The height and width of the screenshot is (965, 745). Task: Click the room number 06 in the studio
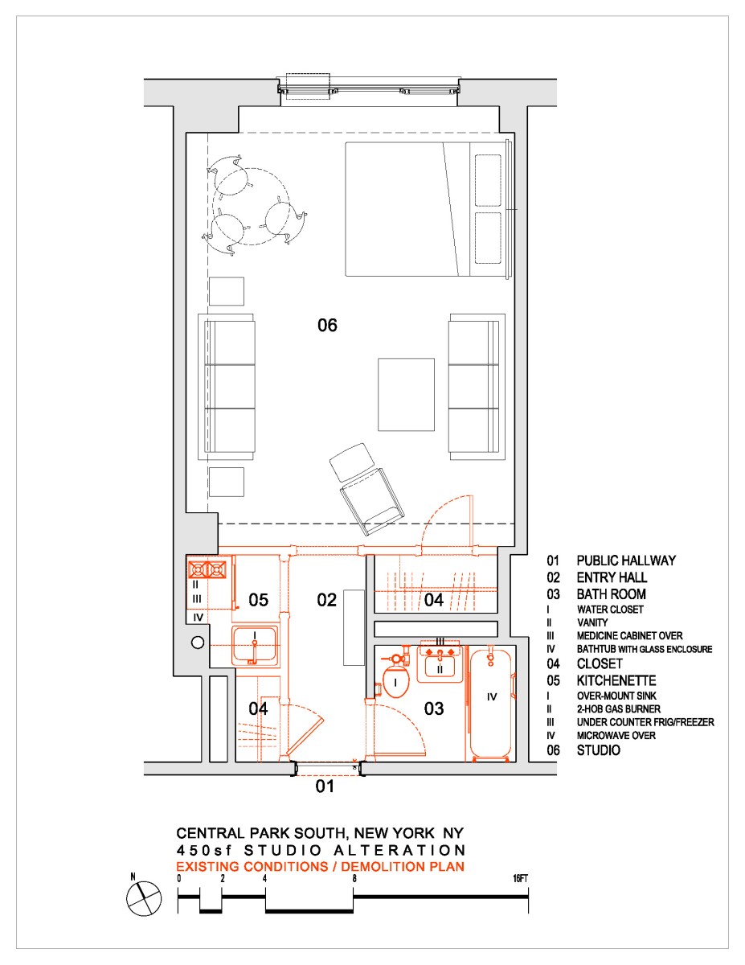pyautogui.click(x=327, y=326)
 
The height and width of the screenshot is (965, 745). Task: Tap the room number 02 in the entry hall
pyautogui.click(x=326, y=600)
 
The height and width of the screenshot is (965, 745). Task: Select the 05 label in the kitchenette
pyautogui.click(x=257, y=600)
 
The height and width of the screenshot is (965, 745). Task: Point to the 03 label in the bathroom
pyautogui.click(x=434, y=708)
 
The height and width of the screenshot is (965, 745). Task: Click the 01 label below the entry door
pyautogui.click(x=324, y=787)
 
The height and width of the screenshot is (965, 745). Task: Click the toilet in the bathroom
pyautogui.click(x=397, y=681)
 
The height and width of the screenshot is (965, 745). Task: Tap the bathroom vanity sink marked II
pyautogui.click(x=439, y=664)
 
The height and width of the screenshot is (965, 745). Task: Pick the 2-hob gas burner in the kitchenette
pyautogui.click(x=207, y=570)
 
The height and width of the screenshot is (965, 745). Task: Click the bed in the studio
pyautogui.click(x=426, y=209)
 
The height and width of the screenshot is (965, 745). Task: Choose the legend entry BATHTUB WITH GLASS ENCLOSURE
pyautogui.click(x=645, y=649)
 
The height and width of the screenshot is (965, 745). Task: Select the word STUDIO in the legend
pyautogui.click(x=598, y=751)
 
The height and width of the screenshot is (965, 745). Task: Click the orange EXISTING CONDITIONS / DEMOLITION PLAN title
pyautogui.click(x=321, y=866)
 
